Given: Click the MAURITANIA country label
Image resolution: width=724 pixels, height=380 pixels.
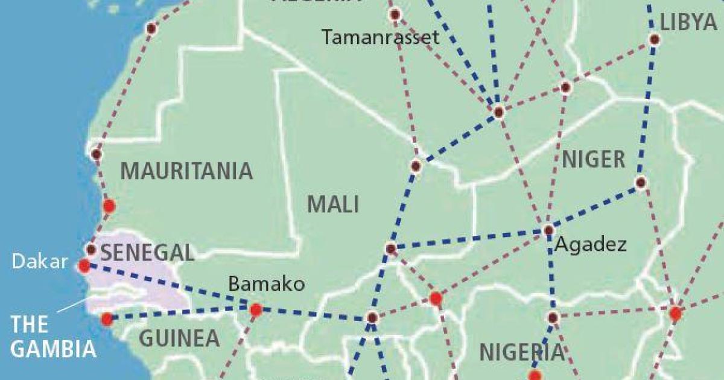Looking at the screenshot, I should tap(186, 171).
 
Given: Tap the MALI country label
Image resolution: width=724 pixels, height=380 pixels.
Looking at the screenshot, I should tap(333, 204).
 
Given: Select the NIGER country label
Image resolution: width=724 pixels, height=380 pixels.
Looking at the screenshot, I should tap(594, 160).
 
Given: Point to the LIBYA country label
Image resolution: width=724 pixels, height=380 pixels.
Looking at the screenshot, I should tap(688, 22).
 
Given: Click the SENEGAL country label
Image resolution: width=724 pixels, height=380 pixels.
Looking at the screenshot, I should tap(147, 252).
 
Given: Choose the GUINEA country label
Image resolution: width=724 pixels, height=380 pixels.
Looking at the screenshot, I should tap(179, 338).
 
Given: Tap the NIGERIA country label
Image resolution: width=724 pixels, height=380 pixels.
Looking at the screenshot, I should tap(522, 352).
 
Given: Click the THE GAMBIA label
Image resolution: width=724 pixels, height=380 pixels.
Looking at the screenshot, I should tap(53, 337).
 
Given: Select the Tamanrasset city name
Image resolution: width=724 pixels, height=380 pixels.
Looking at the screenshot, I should tap(380, 37).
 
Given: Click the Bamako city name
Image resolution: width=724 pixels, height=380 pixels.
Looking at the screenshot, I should tap(267, 284).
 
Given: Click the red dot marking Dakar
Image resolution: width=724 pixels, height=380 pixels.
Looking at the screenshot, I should tap(84, 265).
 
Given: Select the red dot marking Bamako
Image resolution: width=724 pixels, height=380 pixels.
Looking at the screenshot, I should tap(256, 310).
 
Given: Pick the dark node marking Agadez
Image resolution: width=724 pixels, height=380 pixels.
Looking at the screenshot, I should tap(548, 230).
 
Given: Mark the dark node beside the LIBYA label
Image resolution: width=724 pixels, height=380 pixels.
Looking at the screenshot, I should tap(654, 40).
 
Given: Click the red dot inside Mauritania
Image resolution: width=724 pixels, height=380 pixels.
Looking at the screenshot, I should tap(109, 206).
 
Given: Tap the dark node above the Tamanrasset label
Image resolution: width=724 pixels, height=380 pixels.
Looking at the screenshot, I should tap(395, 14).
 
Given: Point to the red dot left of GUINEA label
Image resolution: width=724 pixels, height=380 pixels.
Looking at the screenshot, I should tap(107, 318).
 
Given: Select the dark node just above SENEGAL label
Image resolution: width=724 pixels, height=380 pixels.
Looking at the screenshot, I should tap(91, 249).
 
